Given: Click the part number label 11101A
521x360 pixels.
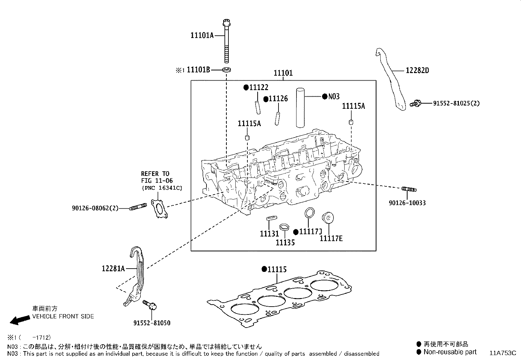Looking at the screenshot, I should point(202,35).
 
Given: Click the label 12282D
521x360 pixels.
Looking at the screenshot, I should point(417,70).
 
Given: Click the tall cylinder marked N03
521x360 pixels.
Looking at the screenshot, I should point(300,107).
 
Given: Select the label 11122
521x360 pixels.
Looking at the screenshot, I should point(259,87).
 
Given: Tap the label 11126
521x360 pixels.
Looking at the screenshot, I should point(278,99).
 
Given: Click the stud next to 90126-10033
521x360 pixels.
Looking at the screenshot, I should point(408,189).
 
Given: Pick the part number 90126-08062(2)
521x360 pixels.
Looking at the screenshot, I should point(95,208).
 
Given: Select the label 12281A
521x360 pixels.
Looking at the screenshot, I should point(113,269).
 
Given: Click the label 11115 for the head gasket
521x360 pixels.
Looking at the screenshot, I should point(277,269).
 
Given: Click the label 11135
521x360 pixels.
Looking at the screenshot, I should point(285,242).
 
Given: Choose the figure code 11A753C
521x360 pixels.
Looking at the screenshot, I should point(503,353).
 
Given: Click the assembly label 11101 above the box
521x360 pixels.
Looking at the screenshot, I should point(283,73).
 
